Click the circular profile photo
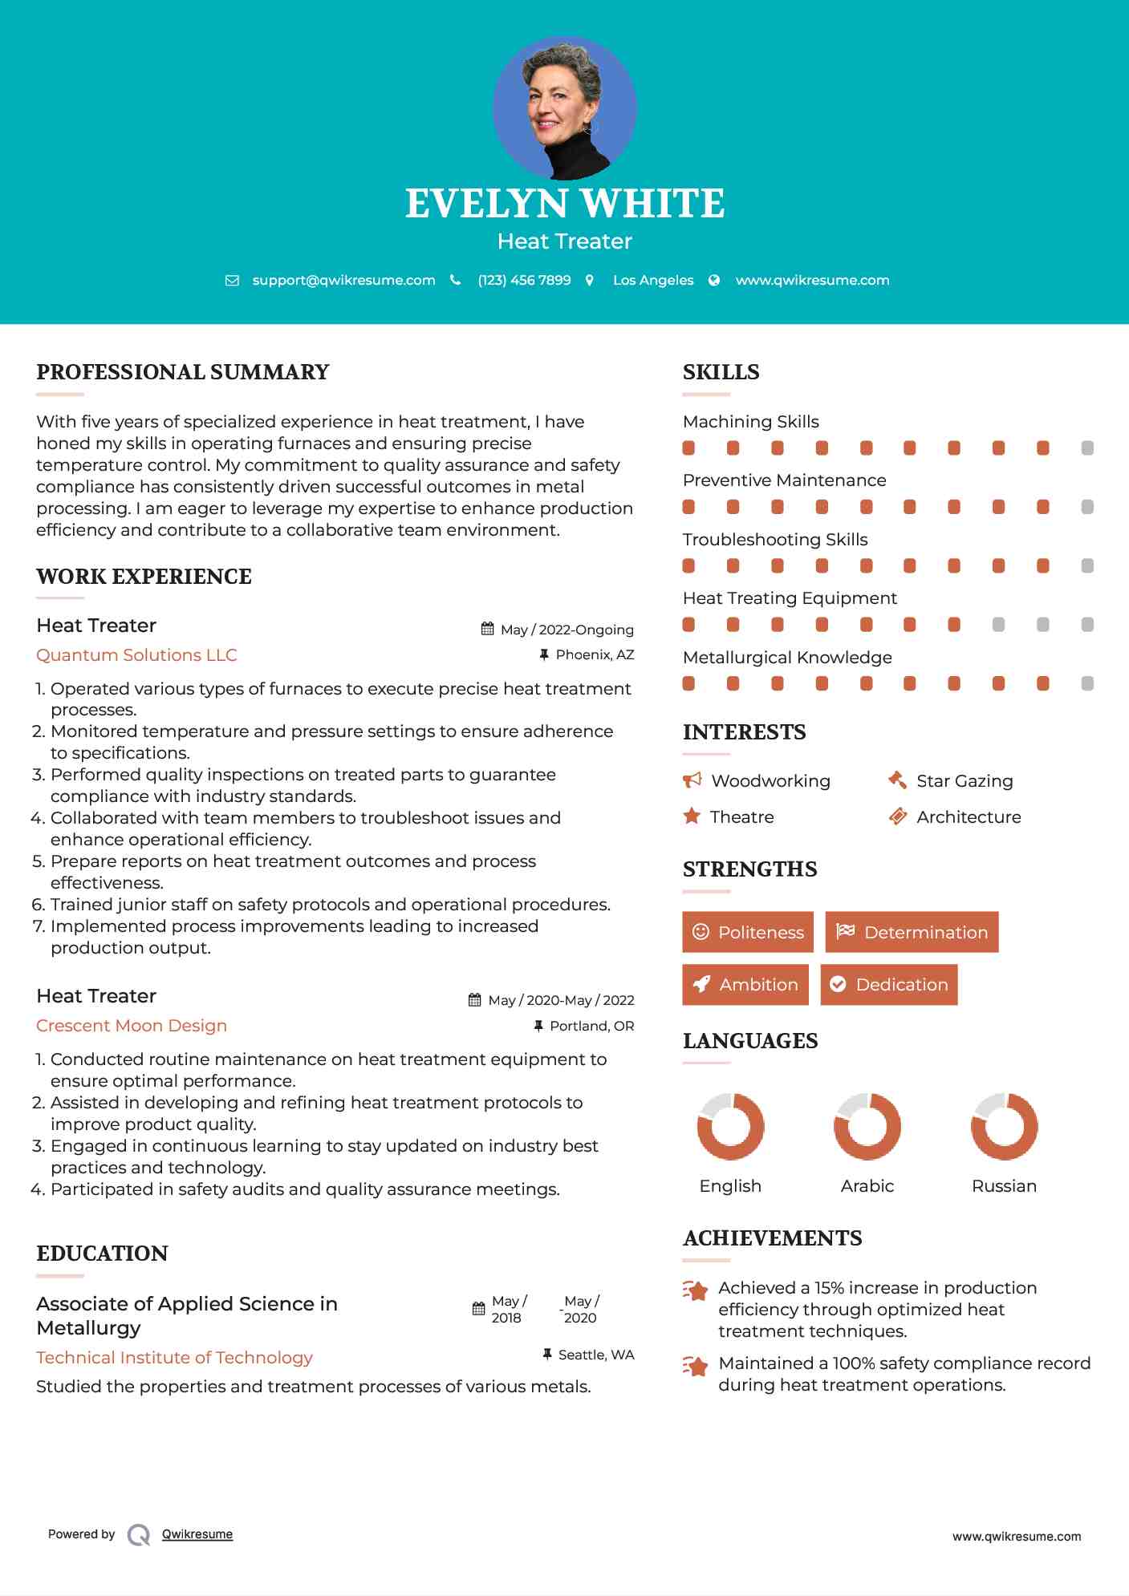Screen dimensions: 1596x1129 tap(564, 108)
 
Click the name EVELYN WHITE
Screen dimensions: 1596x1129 tap(564, 204)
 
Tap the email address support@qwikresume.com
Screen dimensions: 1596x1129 tap(343, 280)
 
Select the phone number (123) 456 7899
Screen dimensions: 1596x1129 tap(524, 280)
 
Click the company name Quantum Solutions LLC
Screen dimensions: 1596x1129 tap(136, 655)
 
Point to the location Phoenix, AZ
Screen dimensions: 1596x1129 tap(595, 654)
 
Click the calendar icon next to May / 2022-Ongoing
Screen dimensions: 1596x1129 tap(487, 629)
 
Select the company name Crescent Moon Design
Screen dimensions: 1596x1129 tap(132, 1026)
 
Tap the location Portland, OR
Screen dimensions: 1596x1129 tap(591, 1026)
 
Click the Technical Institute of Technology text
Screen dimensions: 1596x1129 tap(174, 1358)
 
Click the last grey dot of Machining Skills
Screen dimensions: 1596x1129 tap(1087, 448)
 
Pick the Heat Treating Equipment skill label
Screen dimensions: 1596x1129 tap(790, 598)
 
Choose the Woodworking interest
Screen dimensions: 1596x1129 tap(770, 781)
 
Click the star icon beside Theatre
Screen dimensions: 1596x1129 tap(692, 816)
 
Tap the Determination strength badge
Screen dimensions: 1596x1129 tap(912, 932)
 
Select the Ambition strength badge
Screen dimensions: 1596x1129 tap(745, 985)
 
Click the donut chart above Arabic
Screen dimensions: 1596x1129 tap(867, 1126)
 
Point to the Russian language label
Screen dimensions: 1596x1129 tap(1004, 1186)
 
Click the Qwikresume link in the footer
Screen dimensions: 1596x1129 tap(197, 1534)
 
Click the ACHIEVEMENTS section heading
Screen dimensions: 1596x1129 tap(772, 1238)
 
